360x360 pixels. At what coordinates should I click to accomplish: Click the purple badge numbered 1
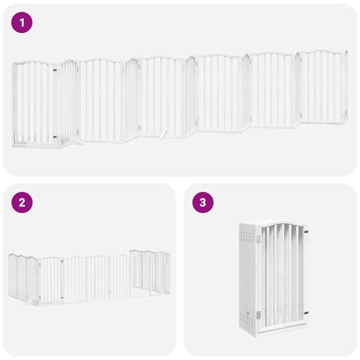[22, 23]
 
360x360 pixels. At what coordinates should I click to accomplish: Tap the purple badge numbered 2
[22, 202]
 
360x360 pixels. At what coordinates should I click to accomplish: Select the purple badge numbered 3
[202, 202]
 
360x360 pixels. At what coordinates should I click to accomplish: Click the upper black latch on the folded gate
[306, 232]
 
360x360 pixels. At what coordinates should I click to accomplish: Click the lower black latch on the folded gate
[306, 313]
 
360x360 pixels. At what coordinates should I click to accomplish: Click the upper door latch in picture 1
[55, 71]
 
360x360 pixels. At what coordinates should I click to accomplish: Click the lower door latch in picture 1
[55, 137]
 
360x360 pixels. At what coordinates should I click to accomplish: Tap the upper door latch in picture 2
[62, 261]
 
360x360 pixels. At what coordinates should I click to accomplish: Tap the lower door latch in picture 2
[62, 295]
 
